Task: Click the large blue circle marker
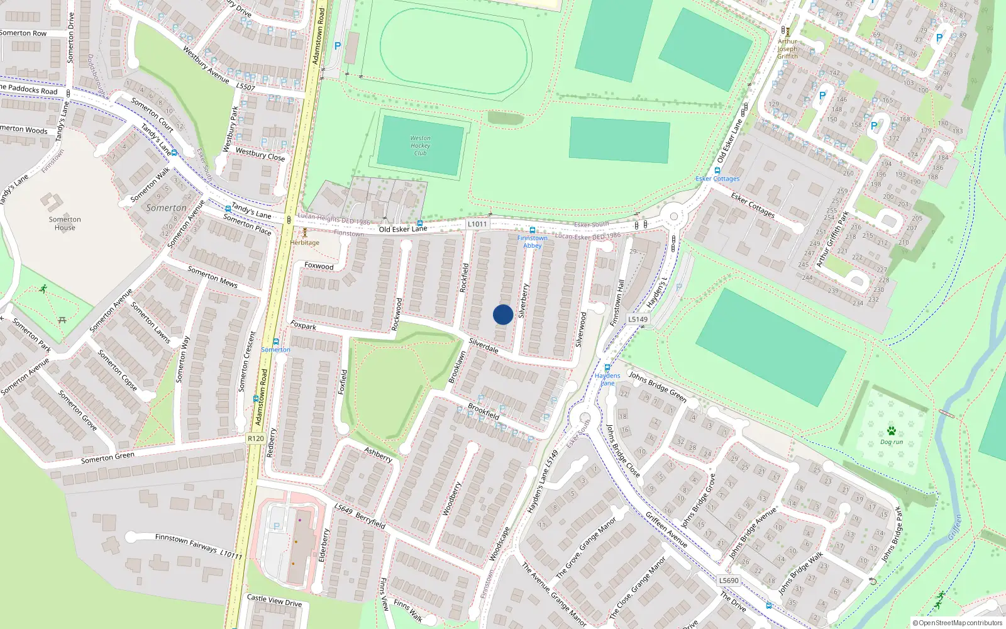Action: pos(503,314)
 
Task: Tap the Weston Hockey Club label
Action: pos(420,146)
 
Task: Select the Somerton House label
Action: pos(65,223)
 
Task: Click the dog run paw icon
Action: pos(891,431)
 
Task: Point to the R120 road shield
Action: pos(255,438)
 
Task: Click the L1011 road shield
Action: pos(477,224)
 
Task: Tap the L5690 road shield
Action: pos(729,581)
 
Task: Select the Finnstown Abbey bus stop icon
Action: pos(533,230)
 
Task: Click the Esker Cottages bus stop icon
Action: pos(717,170)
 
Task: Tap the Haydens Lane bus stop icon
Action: pos(607,368)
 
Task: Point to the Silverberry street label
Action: pos(523,300)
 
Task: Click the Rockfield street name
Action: pos(464,277)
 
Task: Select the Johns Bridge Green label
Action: pos(657,386)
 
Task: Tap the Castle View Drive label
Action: pos(274,600)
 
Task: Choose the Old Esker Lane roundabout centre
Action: pos(674,216)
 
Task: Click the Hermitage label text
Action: pos(305,243)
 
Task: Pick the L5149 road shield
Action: pos(638,319)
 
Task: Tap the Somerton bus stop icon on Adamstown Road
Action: pos(275,342)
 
